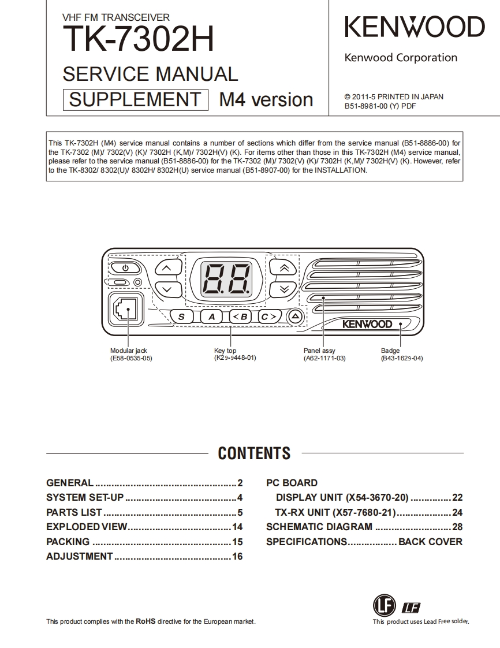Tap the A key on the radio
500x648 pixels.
point(212,316)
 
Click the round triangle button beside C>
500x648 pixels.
point(295,316)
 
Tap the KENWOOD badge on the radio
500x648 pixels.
point(367,324)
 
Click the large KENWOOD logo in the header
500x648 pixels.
point(414,28)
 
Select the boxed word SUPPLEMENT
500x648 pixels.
point(135,99)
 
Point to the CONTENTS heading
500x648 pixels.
point(254,453)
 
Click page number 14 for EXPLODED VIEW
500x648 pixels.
point(237,527)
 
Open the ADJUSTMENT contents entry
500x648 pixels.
point(80,556)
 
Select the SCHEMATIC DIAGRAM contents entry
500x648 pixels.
point(319,527)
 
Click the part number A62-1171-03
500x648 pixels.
point(324,358)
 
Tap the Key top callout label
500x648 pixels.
point(225,351)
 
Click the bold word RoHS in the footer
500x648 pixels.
point(145,621)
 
